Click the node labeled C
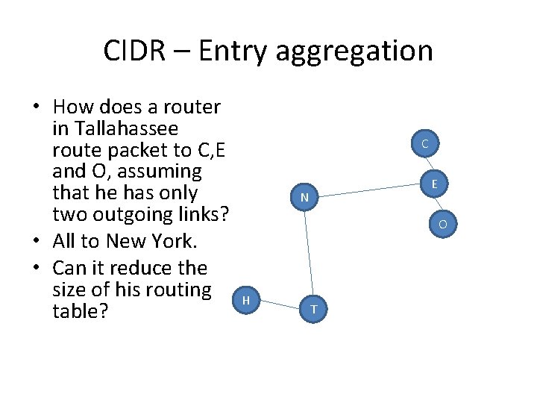424,143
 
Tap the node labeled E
433,183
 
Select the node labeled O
442,223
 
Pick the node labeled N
305,198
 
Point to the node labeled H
247,299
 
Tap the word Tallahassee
124,129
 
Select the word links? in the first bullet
198,215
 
